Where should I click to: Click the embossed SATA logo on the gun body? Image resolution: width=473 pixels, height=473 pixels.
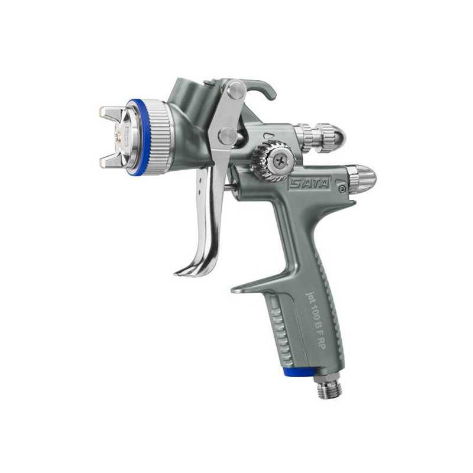tap(309, 183)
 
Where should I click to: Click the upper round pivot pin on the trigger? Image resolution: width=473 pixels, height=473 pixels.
tap(236, 90)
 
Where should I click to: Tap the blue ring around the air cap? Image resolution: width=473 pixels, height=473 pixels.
tap(140, 137)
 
